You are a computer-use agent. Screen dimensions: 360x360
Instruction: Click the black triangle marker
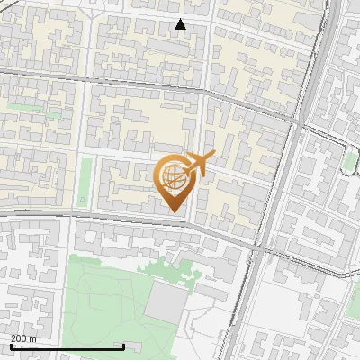(x=181, y=24)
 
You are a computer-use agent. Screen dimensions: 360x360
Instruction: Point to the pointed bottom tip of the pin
(x=174, y=211)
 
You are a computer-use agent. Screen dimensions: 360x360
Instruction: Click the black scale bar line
(x=67, y=347)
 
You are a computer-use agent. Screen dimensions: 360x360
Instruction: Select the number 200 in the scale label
(x=18, y=338)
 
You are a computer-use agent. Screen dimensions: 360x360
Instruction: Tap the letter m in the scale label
(x=33, y=338)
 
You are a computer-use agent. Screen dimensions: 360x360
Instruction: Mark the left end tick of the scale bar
(x=10, y=346)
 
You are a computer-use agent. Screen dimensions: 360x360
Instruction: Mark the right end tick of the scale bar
(x=123, y=346)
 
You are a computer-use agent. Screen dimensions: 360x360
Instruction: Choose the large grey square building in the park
(x=164, y=301)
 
